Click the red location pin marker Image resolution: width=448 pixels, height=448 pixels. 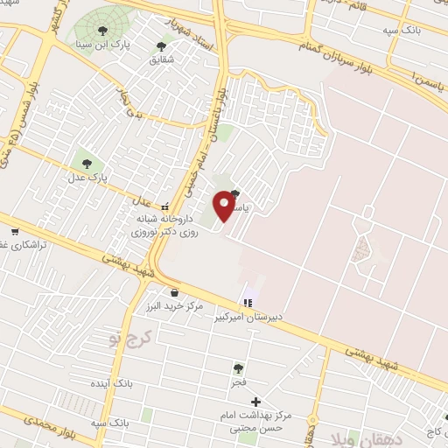tap(225, 205)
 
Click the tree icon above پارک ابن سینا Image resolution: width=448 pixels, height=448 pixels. tap(102, 31)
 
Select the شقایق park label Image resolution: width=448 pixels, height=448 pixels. tap(161, 59)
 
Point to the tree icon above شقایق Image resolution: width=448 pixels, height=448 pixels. tap(160, 46)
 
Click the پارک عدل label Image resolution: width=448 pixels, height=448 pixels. tap(87, 175)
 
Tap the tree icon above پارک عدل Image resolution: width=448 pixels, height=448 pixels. tap(86, 162)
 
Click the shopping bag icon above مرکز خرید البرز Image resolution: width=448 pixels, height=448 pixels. tap(175, 292)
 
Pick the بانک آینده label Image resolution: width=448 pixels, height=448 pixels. tap(110, 384)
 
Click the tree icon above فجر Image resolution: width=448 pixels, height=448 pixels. tap(239, 369)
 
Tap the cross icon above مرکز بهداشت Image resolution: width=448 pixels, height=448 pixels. tap(255, 400)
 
